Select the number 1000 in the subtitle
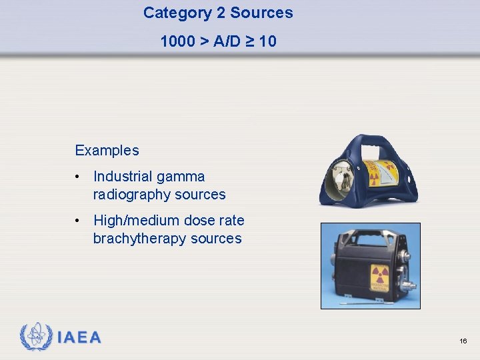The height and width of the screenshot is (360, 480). (177, 41)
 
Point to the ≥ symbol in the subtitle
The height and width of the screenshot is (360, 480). (250, 41)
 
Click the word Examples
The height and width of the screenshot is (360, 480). (107, 150)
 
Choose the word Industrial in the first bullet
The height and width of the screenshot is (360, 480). (121, 177)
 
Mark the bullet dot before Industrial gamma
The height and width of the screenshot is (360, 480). (79, 177)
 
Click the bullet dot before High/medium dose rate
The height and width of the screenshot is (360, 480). (79, 221)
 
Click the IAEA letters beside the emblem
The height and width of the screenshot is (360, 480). (79, 337)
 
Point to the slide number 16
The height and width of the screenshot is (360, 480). (463, 341)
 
